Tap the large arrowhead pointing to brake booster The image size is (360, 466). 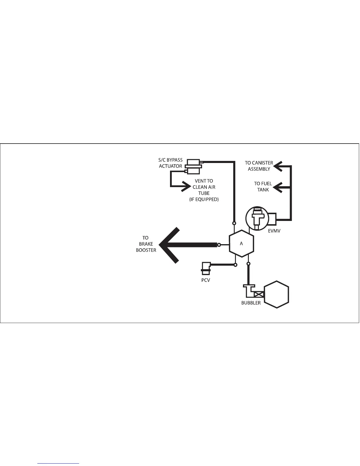pos(169,245)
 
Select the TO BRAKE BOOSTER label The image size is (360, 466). pos(146,244)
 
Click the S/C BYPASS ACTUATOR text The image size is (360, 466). pos(171,163)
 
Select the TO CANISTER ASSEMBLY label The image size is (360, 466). pos(259,166)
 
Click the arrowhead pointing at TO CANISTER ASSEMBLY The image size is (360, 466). pos(278,166)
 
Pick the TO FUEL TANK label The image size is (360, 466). pos(263,187)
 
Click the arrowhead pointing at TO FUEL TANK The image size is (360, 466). pos(278,187)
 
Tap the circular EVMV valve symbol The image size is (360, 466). pos(257,218)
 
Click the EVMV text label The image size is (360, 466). pos(274,231)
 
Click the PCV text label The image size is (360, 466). pos(206,280)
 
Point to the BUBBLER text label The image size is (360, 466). pos(251,303)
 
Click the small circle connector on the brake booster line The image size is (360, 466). pos(219,245)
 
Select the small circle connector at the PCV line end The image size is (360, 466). pos(235,265)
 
